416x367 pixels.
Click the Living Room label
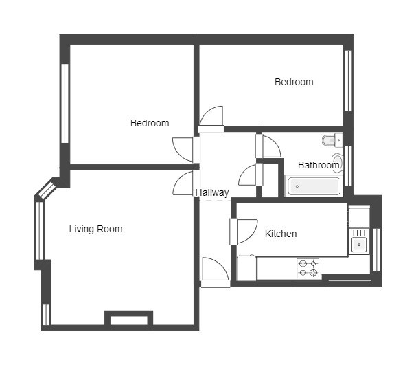point(96,229)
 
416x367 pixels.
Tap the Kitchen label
point(281,234)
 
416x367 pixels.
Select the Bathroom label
point(319,165)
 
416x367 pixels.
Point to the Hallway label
point(212,192)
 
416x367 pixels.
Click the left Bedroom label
point(150,123)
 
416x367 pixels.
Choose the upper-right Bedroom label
point(294,82)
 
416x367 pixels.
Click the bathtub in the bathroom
point(314,186)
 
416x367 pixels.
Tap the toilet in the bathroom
point(332,140)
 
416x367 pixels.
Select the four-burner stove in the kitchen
point(308,268)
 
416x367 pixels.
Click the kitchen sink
point(359,244)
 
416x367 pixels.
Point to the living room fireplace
point(128,318)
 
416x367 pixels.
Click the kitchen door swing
point(244,232)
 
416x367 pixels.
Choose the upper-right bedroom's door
point(211,119)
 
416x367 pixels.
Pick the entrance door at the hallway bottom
point(215,272)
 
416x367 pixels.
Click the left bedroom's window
point(65,104)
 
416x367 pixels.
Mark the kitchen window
point(377,250)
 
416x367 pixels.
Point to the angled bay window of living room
point(47,189)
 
